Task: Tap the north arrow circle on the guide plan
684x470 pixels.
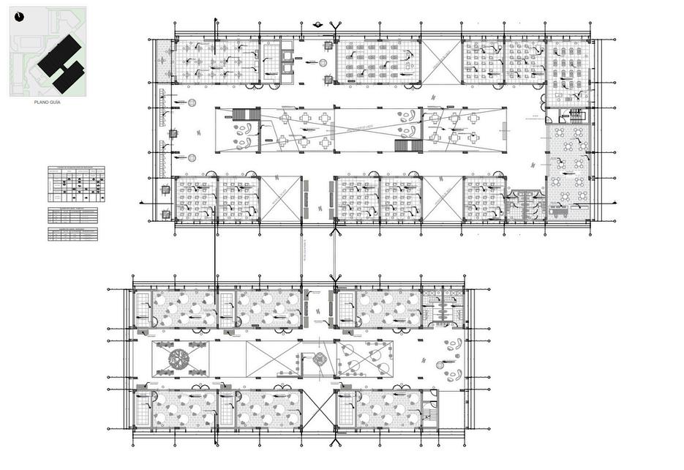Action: [19, 15]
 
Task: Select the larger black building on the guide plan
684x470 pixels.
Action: [60, 55]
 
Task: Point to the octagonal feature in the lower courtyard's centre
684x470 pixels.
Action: [319, 359]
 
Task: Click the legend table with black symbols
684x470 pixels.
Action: [76, 184]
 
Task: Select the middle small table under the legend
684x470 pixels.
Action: [72, 215]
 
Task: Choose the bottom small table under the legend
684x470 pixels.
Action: [72, 234]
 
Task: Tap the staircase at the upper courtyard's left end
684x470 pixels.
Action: [246, 114]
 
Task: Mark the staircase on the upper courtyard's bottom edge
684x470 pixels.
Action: [408, 146]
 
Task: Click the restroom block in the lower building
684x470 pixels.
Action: [444, 306]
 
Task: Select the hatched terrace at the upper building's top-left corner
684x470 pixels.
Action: [165, 61]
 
